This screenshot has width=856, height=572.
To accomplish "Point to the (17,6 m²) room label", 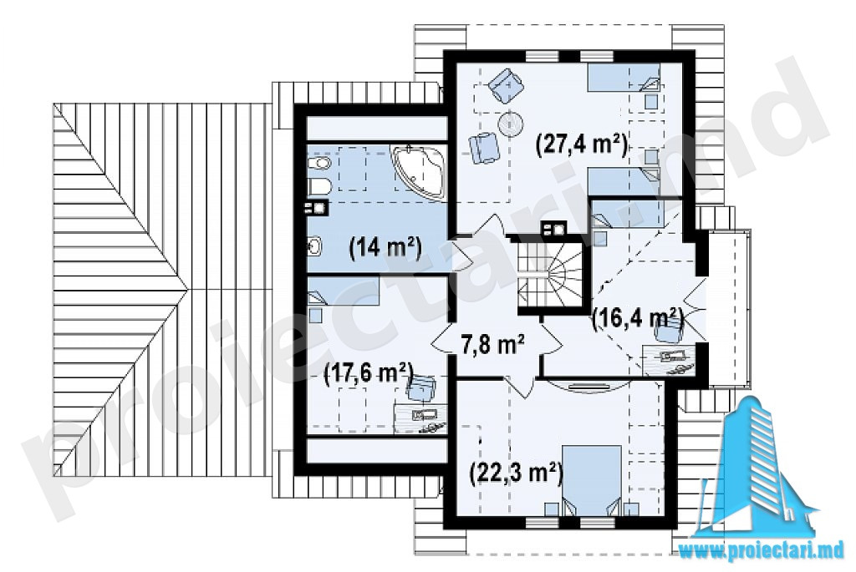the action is coord(367,374).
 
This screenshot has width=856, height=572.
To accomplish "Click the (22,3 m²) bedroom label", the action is coord(516,473).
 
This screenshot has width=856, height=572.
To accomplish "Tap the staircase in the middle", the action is coord(550,276).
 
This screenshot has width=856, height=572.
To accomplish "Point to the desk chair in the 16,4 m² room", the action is coord(668,331).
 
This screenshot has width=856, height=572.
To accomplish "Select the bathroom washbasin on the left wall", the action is coord(315,248).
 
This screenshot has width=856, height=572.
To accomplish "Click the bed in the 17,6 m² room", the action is coord(344,290).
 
